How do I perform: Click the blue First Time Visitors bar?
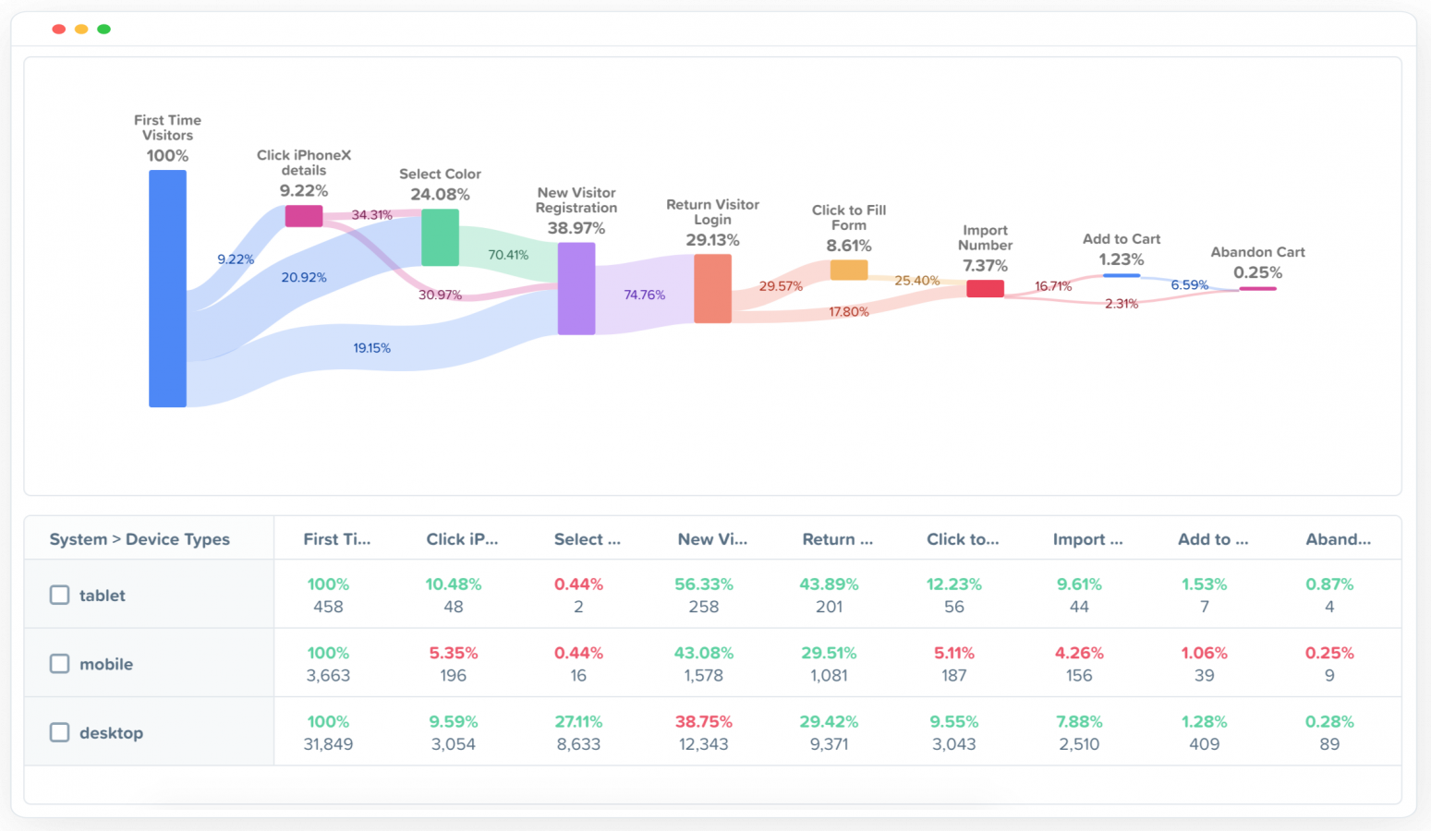(167, 288)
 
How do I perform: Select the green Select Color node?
(440, 237)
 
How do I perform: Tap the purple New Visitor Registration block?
(576, 288)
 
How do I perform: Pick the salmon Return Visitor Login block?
(712, 288)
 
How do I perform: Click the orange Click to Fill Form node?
(848, 270)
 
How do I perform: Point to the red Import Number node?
(985, 288)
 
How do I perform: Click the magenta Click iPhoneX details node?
(304, 216)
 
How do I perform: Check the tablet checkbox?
(59, 595)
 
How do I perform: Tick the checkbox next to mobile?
(59, 663)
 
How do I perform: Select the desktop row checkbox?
(59, 732)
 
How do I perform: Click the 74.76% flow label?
(644, 295)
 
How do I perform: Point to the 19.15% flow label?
(371, 348)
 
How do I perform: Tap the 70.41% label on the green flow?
(508, 255)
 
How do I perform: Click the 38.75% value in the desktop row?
(703, 721)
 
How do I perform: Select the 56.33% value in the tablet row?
(703, 584)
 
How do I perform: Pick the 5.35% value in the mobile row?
(453, 653)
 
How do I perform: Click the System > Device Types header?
(139, 539)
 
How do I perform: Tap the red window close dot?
(59, 30)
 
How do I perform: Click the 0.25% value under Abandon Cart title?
(1257, 272)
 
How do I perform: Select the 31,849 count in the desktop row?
(328, 744)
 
